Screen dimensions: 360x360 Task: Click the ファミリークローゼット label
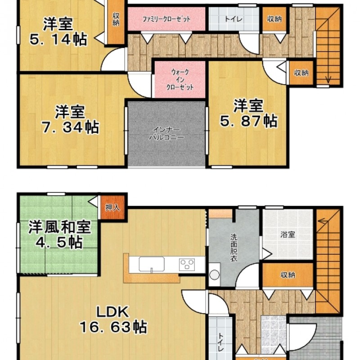(166, 19)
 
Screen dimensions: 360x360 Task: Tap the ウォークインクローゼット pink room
(180, 79)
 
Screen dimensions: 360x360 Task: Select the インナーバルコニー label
(166, 133)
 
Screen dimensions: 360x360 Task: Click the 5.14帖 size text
(58, 40)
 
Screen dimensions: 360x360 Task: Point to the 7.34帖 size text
(70, 127)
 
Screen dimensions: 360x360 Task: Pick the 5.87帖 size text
(249, 121)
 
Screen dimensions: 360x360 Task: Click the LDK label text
(112, 311)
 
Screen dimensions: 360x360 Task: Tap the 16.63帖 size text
(113, 327)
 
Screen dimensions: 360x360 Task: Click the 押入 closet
(112, 207)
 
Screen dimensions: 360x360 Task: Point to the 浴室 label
(288, 234)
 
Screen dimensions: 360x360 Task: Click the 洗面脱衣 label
(234, 247)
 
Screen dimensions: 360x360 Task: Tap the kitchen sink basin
(151, 264)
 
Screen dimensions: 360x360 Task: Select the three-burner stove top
(187, 265)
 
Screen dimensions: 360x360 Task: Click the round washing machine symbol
(215, 275)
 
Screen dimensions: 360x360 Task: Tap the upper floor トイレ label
(234, 19)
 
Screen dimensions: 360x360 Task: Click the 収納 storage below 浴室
(288, 274)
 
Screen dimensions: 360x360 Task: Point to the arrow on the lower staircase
(323, 221)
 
